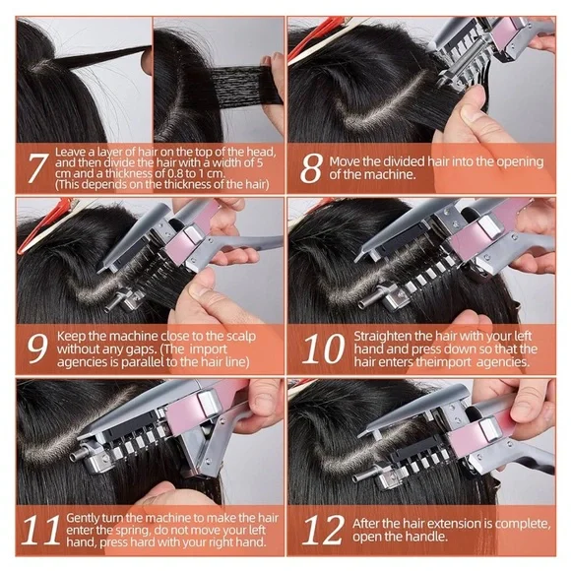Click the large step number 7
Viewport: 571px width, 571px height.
(38, 168)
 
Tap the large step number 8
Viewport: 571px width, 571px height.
(312, 168)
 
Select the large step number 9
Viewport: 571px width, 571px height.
(37, 349)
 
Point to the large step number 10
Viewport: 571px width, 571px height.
(323, 349)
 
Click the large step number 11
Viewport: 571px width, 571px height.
(41, 530)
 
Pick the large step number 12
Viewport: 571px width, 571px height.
(323, 530)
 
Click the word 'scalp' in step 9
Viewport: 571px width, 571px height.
(241, 337)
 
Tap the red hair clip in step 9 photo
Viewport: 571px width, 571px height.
(42, 226)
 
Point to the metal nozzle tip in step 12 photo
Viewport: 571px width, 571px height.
(361, 477)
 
